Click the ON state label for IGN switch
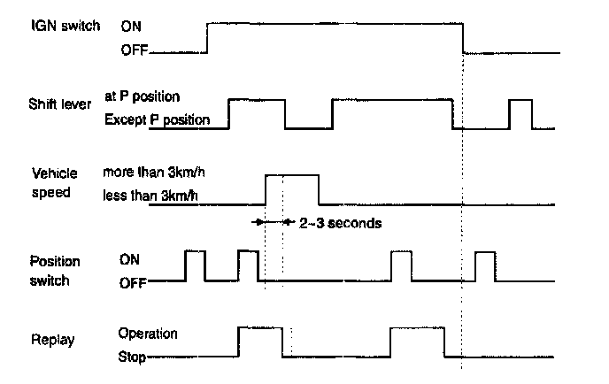pos(130,27)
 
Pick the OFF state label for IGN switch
pos(133,52)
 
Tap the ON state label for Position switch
pos(129,261)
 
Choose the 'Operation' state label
pos(148,334)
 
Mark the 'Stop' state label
pos(132,358)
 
